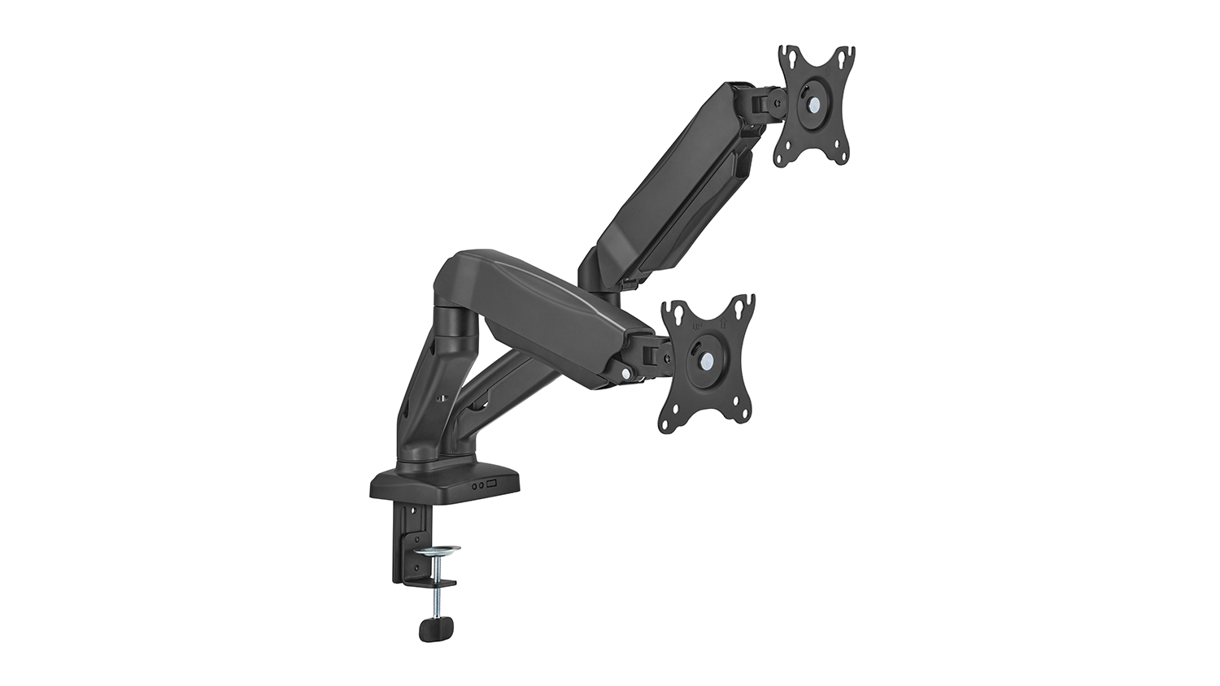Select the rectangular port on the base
click(x=491, y=485)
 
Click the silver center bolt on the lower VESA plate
click(x=702, y=358)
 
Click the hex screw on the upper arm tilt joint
click(x=779, y=103)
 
